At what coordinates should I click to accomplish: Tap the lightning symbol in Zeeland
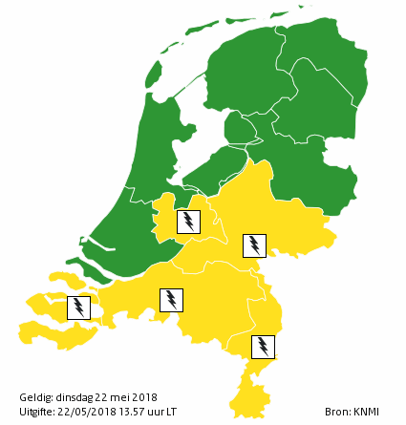coord(78,308)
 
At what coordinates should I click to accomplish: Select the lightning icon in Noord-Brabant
coord(171,300)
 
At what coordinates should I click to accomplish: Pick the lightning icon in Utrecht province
coord(189,222)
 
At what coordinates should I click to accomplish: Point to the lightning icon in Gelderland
coord(253,245)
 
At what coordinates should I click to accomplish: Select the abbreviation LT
coord(171,412)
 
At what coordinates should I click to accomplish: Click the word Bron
coord(336,412)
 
